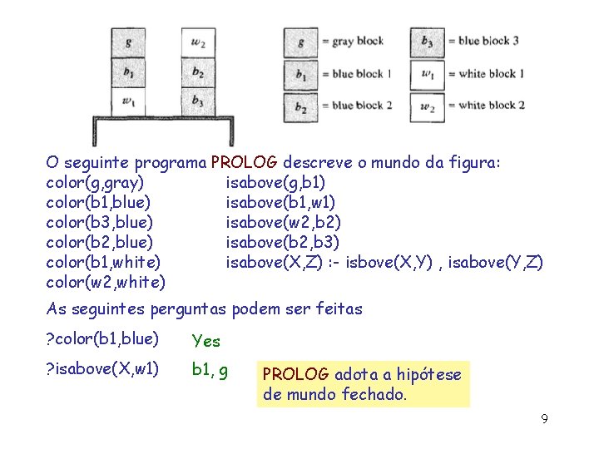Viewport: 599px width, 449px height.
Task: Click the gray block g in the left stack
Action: point(127,42)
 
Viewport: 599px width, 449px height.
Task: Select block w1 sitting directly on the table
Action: point(127,101)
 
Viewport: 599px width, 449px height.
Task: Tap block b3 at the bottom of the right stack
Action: point(197,101)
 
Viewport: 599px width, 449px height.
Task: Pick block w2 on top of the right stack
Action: point(197,42)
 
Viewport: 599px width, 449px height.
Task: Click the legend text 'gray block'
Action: point(357,41)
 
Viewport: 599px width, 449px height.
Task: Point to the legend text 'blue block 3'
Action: point(488,41)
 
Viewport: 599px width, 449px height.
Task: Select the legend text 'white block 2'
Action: point(491,105)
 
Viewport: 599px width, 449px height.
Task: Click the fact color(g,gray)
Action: point(95,181)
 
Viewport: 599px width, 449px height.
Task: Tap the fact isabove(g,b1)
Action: point(275,181)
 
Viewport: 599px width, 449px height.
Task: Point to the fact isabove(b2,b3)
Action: point(282,242)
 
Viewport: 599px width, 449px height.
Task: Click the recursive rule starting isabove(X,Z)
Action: point(384,262)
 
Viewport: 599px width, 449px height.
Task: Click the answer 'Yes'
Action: point(205,341)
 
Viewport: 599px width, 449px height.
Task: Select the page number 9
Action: point(544,418)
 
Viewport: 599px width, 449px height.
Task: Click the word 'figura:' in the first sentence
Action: point(472,161)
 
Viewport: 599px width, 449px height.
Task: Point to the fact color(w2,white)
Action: point(105,282)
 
